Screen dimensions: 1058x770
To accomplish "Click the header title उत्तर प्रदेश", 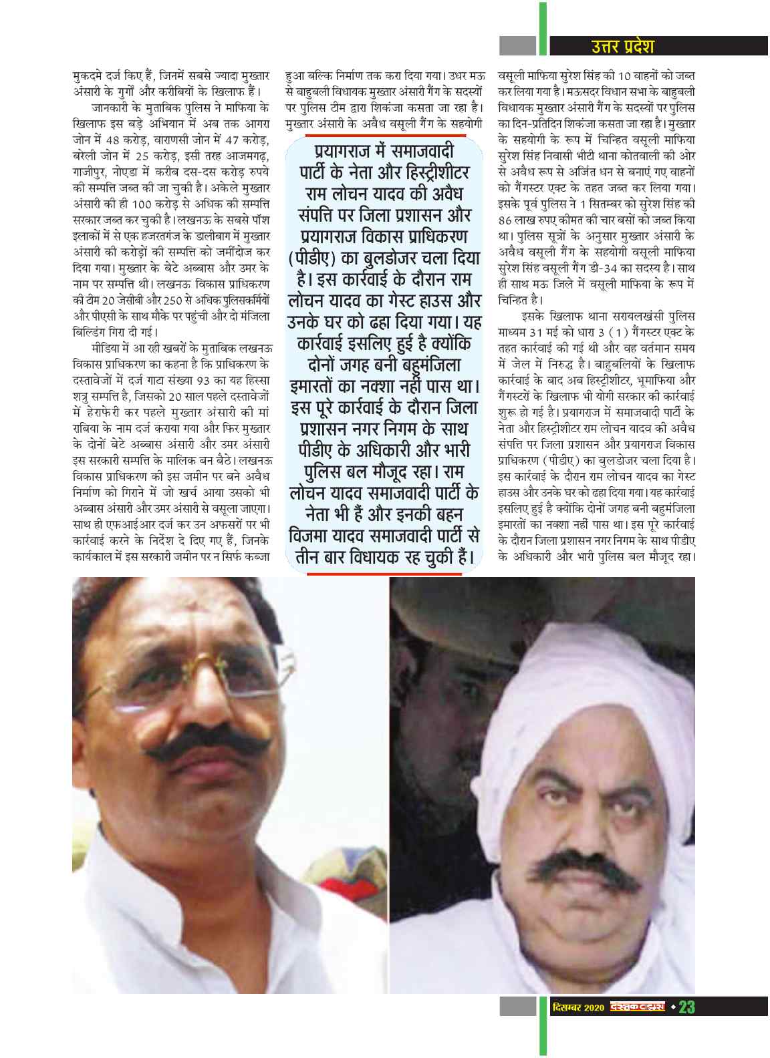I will click(x=622, y=46).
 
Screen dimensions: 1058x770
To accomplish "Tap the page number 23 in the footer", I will click(x=686, y=1007).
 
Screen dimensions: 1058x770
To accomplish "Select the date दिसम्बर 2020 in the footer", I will click(x=579, y=1007).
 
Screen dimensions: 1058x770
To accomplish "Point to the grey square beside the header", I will click(x=518, y=45).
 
